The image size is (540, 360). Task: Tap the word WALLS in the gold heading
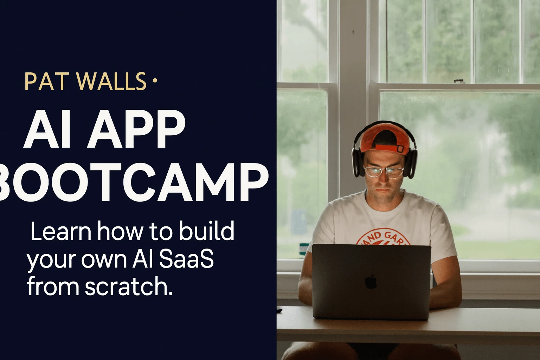click(111, 82)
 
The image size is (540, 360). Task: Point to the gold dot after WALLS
click(155, 81)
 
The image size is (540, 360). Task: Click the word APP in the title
click(136, 130)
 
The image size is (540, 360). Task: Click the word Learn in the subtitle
click(61, 231)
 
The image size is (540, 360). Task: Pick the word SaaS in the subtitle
click(186, 259)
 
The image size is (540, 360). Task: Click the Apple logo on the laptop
click(371, 282)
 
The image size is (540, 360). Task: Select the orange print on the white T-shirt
click(383, 237)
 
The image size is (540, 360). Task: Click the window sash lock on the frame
click(459, 82)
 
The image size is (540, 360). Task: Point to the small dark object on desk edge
click(279, 310)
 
